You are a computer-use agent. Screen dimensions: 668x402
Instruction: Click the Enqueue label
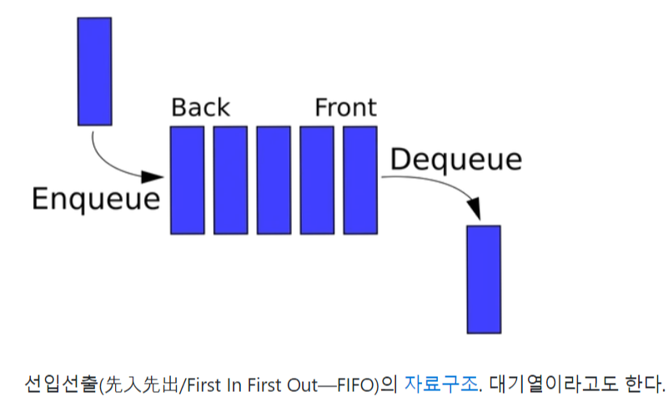pyautogui.click(x=95, y=199)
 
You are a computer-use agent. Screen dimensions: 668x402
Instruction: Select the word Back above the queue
pyautogui.click(x=200, y=108)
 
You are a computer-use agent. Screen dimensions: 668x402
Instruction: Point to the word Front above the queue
pyautogui.click(x=345, y=108)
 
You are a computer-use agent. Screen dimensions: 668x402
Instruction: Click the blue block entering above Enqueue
pyautogui.click(x=94, y=71)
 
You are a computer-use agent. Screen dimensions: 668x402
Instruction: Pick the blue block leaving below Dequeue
pyautogui.click(x=484, y=279)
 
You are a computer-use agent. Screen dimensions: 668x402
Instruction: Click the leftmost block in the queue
pyautogui.click(x=187, y=179)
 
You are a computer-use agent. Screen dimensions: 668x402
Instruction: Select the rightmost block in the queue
pyautogui.click(x=360, y=179)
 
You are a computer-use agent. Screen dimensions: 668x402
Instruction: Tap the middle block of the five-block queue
pyautogui.click(x=274, y=179)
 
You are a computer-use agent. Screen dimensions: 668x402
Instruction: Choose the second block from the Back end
pyautogui.click(x=230, y=179)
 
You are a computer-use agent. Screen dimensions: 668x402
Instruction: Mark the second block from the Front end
pyautogui.click(x=317, y=179)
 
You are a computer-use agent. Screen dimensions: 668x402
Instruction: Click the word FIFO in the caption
pyautogui.click(x=354, y=384)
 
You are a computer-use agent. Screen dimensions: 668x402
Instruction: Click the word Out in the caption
pyautogui.click(x=295, y=384)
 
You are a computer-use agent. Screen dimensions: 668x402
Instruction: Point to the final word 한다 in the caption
pyautogui.click(x=643, y=384)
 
